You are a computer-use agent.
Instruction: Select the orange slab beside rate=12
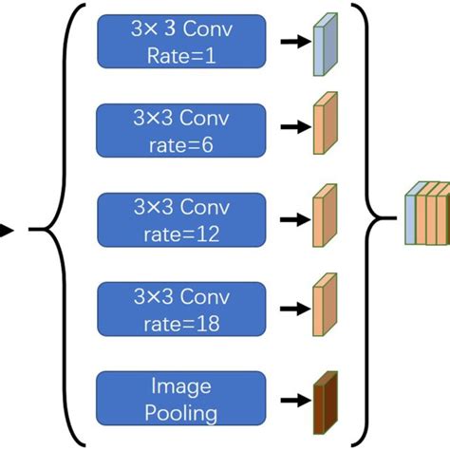(326, 216)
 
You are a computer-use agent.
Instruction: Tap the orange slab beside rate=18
(326, 307)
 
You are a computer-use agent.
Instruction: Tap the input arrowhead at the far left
(6, 229)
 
